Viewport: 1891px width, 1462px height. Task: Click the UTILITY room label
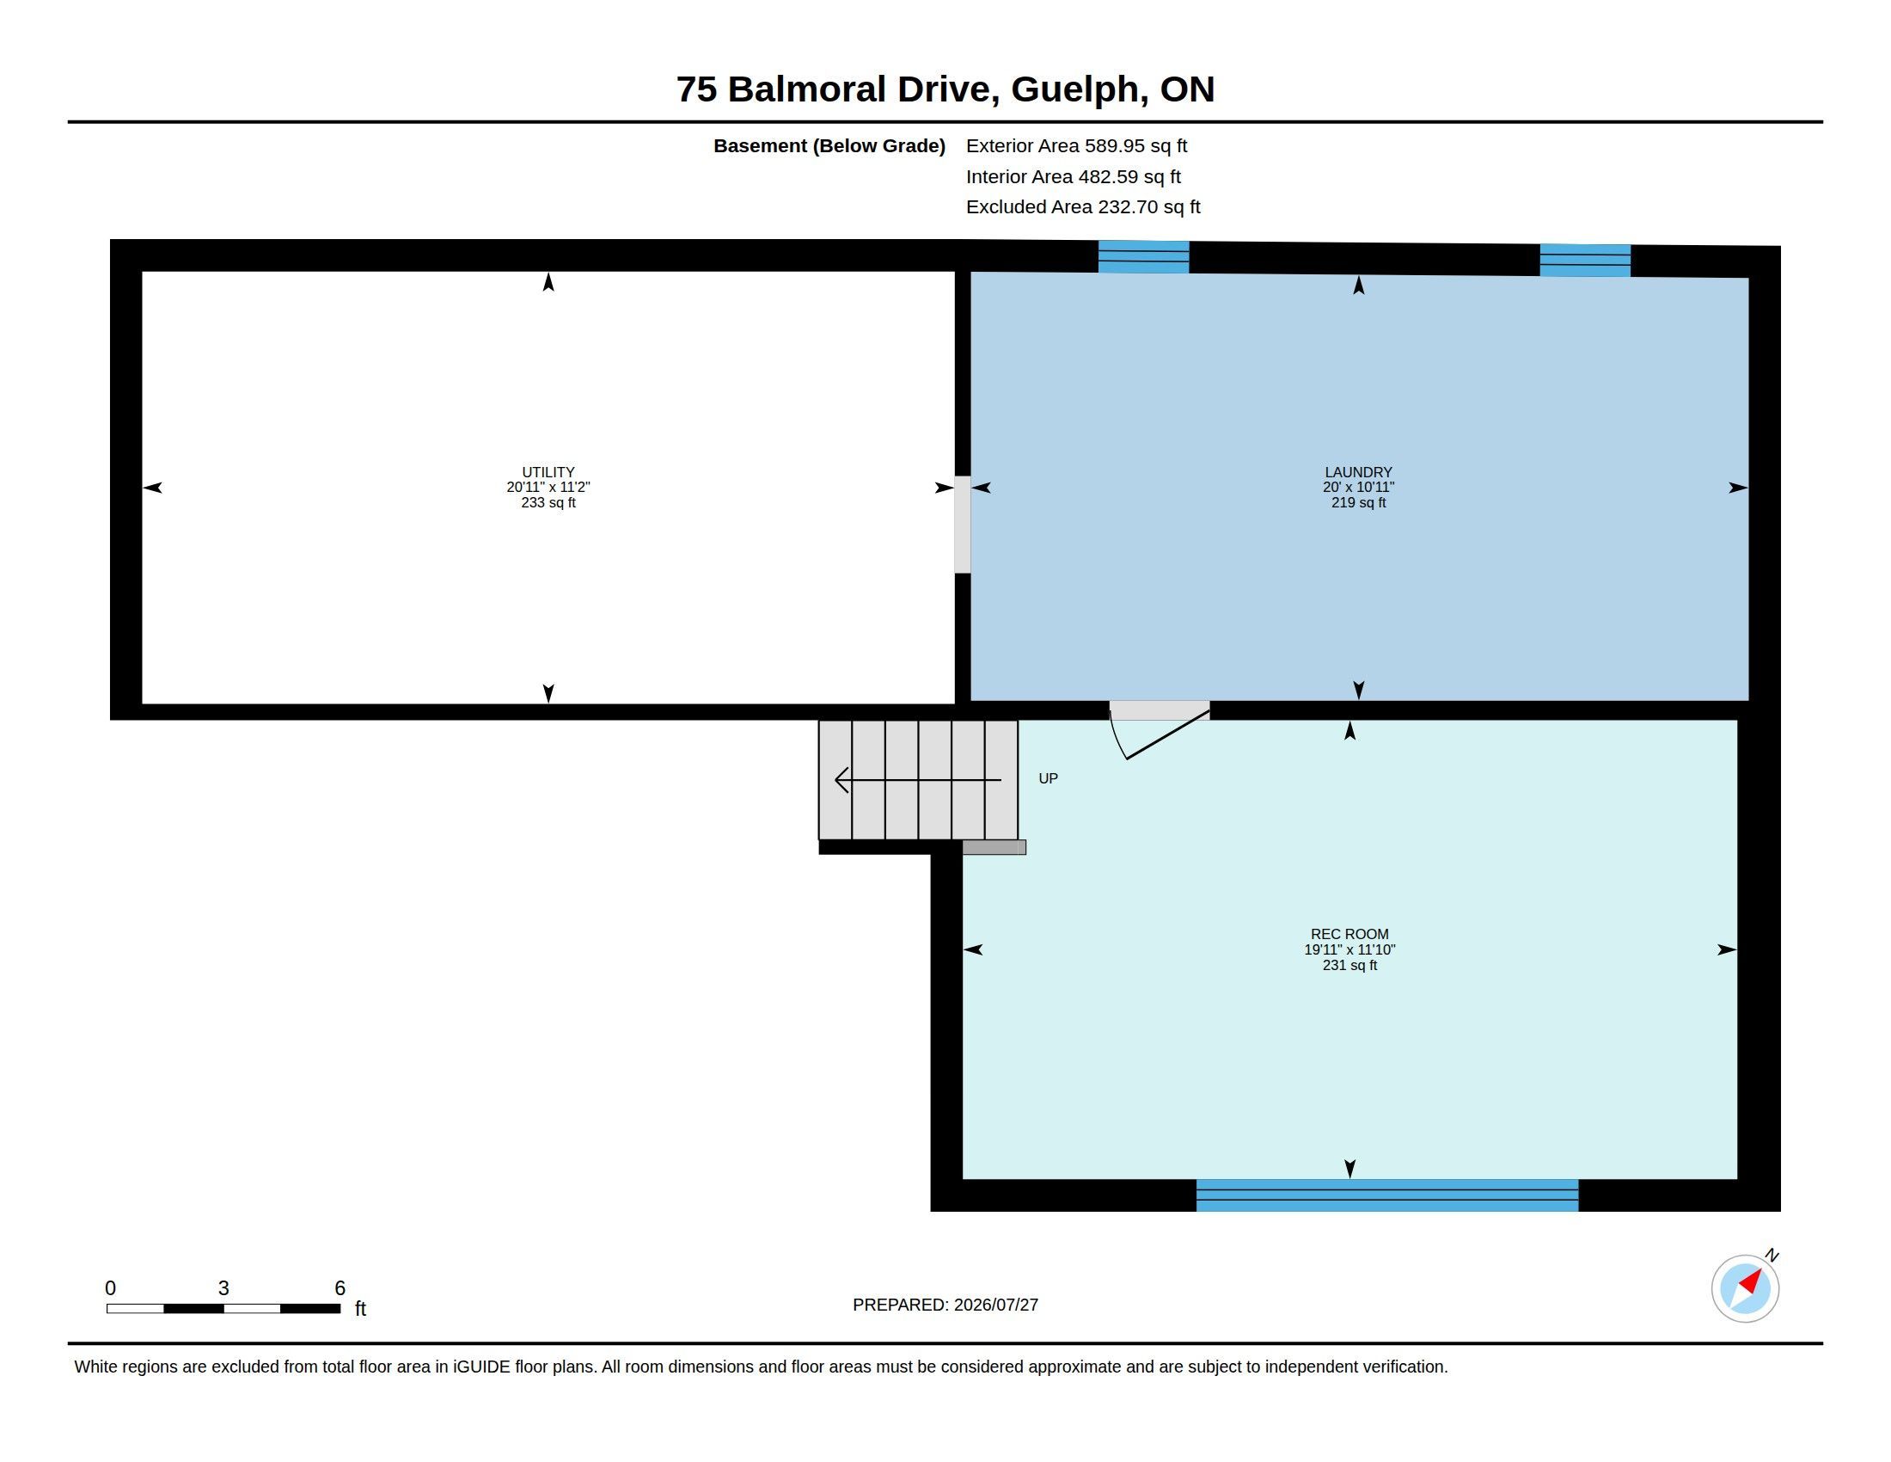coord(548,472)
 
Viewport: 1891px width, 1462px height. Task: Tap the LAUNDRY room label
coord(1357,472)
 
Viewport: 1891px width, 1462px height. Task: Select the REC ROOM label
coord(1349,934)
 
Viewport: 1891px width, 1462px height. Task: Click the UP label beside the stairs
coord(1048,778)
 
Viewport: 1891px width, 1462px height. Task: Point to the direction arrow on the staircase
coord(918,779)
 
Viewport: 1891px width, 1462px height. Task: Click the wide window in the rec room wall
coord(1387,1195)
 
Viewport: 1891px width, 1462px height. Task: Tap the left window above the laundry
coord(1144,257)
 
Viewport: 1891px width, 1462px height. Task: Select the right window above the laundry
coord(1584,261)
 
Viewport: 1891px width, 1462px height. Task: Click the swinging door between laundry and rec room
coord(1160,730)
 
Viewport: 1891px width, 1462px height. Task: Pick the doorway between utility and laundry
coord(962,524)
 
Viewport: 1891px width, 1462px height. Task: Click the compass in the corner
coord(1745,1288)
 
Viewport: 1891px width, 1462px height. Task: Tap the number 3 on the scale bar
coord(223,1288)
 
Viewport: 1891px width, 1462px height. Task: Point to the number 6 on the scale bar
coord(340,1288)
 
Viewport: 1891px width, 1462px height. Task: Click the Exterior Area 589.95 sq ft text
coord(1076,145)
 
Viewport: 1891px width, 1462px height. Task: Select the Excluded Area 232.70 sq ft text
coord(1083,207)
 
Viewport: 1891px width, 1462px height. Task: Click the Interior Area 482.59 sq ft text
coord(1073,176)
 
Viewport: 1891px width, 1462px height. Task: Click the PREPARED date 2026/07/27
coord(995,1305)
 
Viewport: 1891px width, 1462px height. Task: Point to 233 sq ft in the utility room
coord(548,502)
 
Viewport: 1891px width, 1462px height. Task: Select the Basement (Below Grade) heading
coord(829,146)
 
